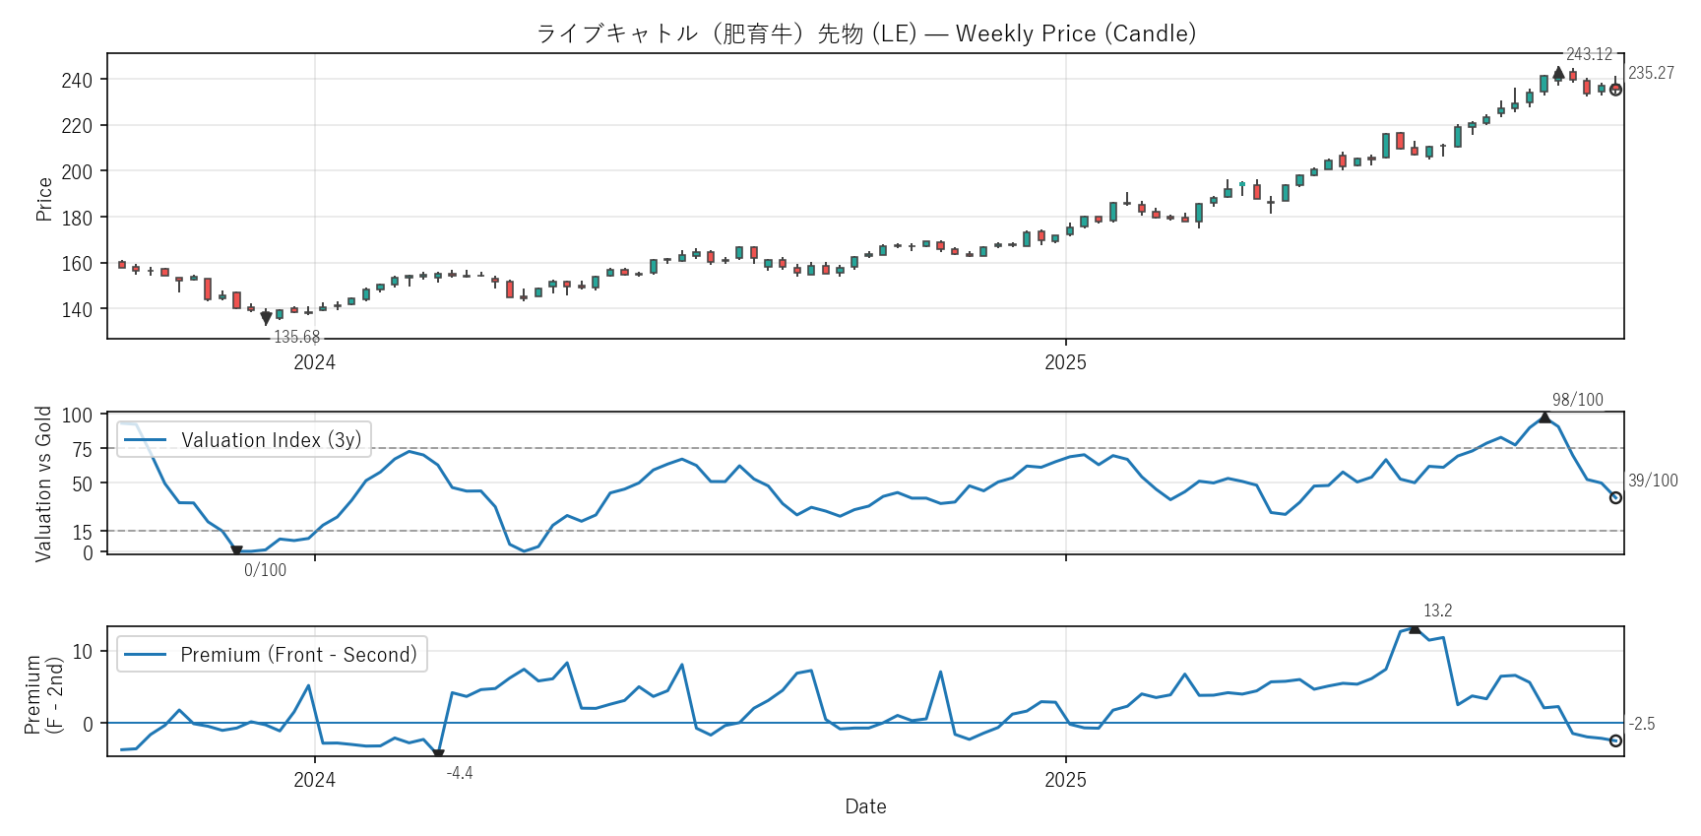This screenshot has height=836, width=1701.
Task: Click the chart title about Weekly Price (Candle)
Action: click(866, 33)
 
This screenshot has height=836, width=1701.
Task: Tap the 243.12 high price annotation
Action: click(1589, 54)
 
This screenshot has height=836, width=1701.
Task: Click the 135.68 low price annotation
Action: click(296, 337)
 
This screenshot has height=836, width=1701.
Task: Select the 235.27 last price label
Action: click(1651, 73)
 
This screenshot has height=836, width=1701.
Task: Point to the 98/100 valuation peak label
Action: click(1577, 399)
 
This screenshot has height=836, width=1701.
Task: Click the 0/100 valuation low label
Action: click(265, 570)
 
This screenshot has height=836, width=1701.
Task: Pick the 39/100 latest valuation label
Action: click(1653, 481)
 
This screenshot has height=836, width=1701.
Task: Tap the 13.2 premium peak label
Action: click(1437, 611)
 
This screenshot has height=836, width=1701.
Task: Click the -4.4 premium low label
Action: click(460, 773)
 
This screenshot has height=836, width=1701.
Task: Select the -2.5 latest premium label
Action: click(1642, 724)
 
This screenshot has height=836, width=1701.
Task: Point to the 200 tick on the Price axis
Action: click(77, 171)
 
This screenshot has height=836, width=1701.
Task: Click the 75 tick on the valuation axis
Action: click(82, 449)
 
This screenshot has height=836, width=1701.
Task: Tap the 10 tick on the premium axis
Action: click(82, 651)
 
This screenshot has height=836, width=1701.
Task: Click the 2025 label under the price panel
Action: click(1065, 362)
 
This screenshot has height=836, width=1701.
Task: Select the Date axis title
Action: click(865, 806)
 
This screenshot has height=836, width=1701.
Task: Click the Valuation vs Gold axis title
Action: click(43, 483)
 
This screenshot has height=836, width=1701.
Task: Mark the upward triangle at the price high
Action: click(1558, 73)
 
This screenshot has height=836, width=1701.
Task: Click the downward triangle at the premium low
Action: click(438, 754)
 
